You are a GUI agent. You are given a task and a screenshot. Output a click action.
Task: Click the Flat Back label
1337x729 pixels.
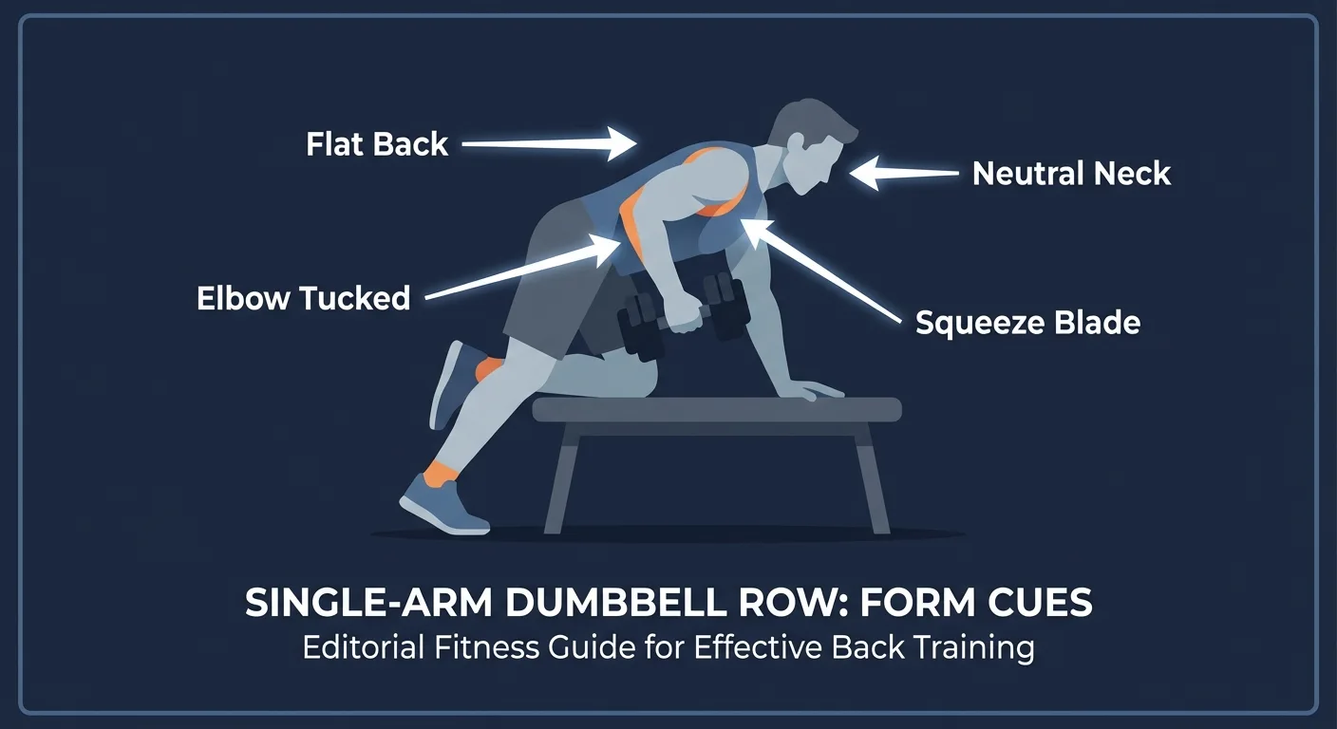[x=377, y=144]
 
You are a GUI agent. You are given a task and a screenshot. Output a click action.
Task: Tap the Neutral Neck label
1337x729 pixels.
[x=1072, y=174]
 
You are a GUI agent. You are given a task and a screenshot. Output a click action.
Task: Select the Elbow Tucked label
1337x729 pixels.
[x=303, y=298]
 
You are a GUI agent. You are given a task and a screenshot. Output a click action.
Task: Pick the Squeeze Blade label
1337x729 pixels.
[x=1027, y=323]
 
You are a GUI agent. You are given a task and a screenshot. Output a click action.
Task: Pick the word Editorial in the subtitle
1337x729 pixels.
[x=366, y=647]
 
